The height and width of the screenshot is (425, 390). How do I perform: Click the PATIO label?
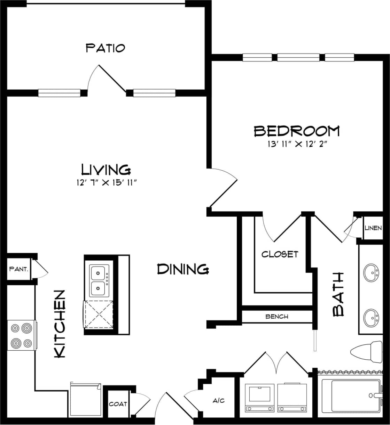coord(105,48)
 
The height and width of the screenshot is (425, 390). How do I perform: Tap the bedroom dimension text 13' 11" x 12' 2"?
coord(297,145)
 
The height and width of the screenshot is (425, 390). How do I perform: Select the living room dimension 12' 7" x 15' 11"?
coord(106,183)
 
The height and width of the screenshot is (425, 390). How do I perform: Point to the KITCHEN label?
coord(60,324)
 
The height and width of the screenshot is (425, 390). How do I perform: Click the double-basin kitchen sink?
coord(100,280)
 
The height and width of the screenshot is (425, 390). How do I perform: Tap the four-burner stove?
coord(21,335)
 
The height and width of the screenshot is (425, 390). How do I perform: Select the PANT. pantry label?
coord(19,269)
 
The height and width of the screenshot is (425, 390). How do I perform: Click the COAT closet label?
coord(118,404)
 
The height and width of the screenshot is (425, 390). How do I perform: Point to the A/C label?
coord(219,401)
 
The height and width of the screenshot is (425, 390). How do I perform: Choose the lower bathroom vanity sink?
coord(372,317)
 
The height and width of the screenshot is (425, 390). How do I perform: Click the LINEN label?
coord(373,228)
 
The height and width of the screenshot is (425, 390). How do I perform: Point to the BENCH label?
coord(277,317)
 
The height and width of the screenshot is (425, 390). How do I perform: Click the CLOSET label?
coord(280,254)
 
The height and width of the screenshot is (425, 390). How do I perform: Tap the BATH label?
coord(338,295)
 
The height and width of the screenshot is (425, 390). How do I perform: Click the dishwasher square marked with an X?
coord(99,314)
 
